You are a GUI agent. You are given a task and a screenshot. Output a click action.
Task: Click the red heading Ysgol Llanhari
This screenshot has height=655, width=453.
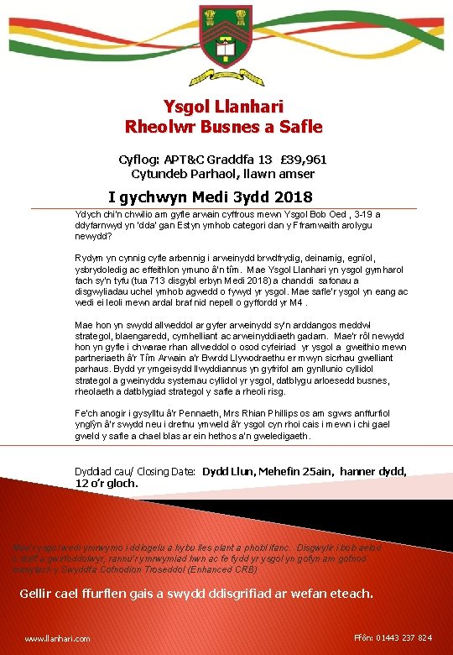(x=224, y=107)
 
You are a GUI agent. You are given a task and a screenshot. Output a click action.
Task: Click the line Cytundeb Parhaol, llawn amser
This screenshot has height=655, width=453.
(x=223, y=174)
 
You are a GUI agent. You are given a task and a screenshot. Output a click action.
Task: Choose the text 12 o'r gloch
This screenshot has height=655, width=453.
(x=107, y=484)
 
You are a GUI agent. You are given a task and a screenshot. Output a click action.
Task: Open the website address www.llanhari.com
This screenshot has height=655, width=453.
(x=57, y=639)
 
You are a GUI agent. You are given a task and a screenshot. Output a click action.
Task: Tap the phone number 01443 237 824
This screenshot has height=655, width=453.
(x=407, y=638)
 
